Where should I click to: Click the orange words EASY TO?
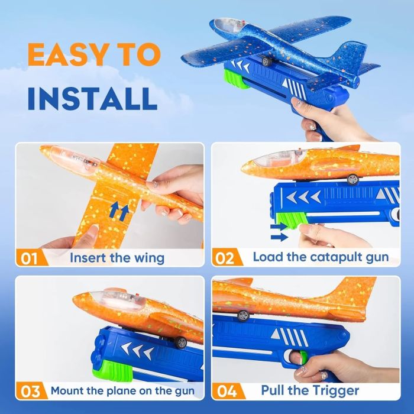tap(93, 56)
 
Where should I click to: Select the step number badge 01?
tap(30, 258)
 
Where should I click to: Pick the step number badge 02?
tap(227, 257)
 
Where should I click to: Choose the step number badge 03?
tap(30, 390)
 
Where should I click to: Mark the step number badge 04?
tap(227, 390)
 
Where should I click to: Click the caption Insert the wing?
tap(117, 258)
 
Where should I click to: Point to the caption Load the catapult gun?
tap(321, 257)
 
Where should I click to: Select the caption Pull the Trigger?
tap(310, 390)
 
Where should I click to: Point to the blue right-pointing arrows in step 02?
tap(279, 231)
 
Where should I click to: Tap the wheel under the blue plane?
tap(267, 60)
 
